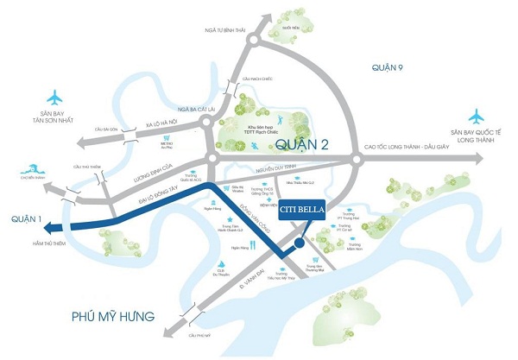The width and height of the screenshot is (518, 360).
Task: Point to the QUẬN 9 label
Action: (x=389, y=67)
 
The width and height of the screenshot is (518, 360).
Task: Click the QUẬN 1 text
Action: (x=20, y=227)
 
